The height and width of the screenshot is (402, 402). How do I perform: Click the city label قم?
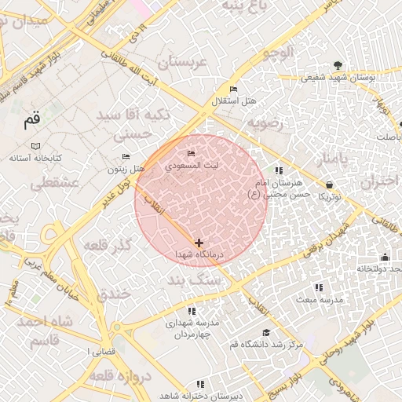[31, 121]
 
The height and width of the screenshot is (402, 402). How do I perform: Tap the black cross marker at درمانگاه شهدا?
[199, 243]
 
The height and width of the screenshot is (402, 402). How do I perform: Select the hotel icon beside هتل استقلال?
[233, 89]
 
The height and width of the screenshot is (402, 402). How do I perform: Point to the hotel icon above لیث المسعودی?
[191, 153]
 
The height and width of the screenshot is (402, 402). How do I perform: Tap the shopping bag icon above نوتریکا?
[328, 185]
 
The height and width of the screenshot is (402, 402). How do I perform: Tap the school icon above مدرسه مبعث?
[318, 288]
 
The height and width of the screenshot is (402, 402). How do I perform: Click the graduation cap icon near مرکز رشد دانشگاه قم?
[265, 333]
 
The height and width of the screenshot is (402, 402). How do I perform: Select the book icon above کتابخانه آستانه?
[35, 146]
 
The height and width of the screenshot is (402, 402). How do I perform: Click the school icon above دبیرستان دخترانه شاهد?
[200, 384]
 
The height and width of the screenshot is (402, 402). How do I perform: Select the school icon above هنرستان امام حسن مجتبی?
[278, 170]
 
